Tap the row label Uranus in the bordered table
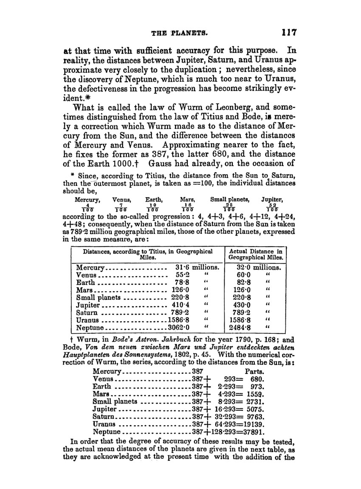point(87,320)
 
